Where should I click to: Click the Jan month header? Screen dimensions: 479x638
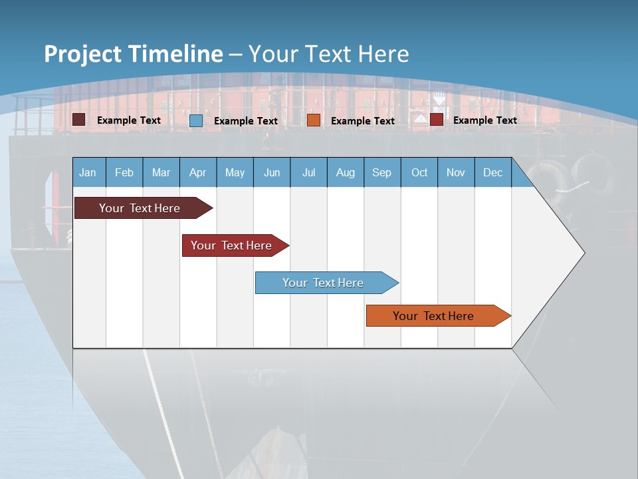pos(88,172)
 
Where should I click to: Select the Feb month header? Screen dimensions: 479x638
pos(124,172)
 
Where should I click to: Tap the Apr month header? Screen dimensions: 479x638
pos(198,172)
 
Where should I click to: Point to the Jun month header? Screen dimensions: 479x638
pos(272,172)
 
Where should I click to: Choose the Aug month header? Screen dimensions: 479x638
pos(346,172)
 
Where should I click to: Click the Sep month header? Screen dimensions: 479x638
pos(382,172)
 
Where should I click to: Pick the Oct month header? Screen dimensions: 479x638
pos(419,172)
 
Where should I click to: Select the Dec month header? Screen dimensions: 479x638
pos(493,172)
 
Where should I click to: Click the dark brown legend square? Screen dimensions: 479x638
pos(79,120)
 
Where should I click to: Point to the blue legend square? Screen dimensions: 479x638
pos(196,120)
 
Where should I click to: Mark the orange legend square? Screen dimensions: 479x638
pos(314,120)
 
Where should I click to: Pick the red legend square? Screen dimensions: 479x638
pos(437,120)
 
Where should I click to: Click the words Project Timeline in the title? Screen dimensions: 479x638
pos(134,54)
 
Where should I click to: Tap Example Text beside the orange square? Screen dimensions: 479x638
pos(363,120)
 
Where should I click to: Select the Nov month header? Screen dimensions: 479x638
pos(456,172)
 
